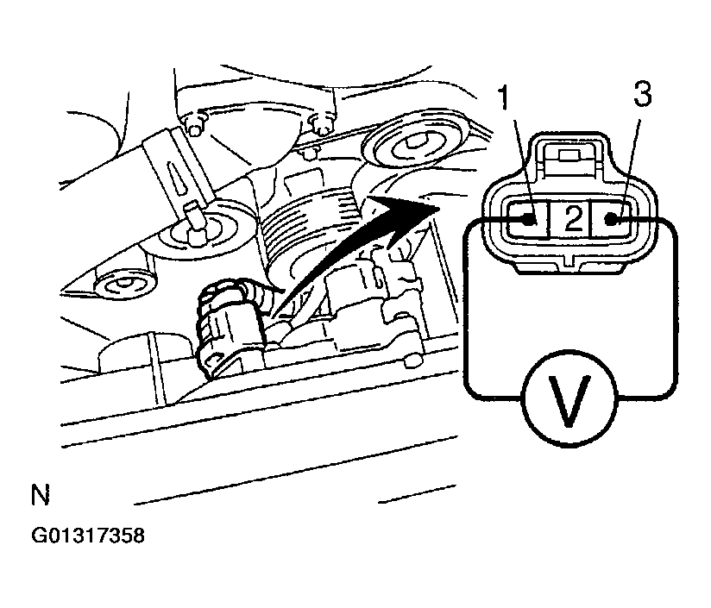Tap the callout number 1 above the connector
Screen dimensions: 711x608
tap(504, 97)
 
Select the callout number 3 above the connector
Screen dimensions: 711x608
tap(643, 95)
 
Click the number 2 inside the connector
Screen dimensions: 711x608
tap(573, 218)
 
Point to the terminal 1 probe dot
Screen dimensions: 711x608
tap(529, 221)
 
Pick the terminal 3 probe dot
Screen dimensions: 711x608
tap(611, 220)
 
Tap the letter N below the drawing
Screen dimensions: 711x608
tap(40, 495)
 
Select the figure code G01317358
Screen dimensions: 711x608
tap(88, 536)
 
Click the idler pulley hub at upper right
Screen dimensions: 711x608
tap(414, 143)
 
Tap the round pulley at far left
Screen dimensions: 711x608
tap(123, 285)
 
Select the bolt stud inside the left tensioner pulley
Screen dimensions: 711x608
tap(195, 224)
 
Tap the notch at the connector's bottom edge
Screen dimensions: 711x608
tap(570, 261)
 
